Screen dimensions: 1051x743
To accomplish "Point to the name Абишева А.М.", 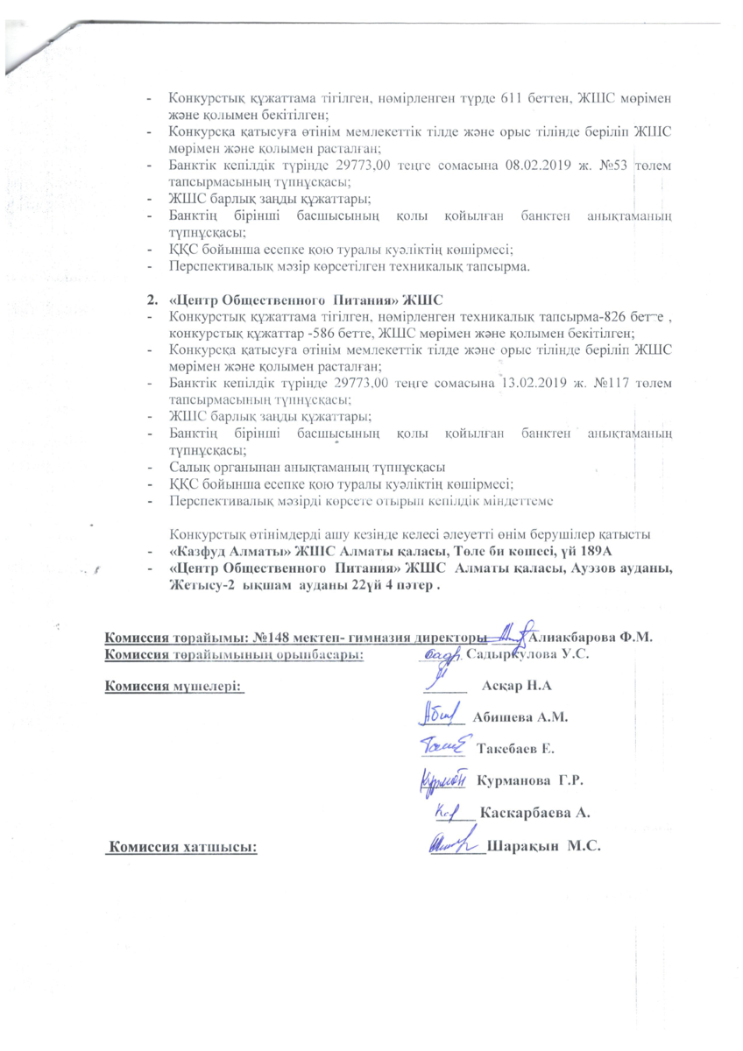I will point(521,717).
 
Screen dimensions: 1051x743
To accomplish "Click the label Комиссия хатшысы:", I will point(183,847).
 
